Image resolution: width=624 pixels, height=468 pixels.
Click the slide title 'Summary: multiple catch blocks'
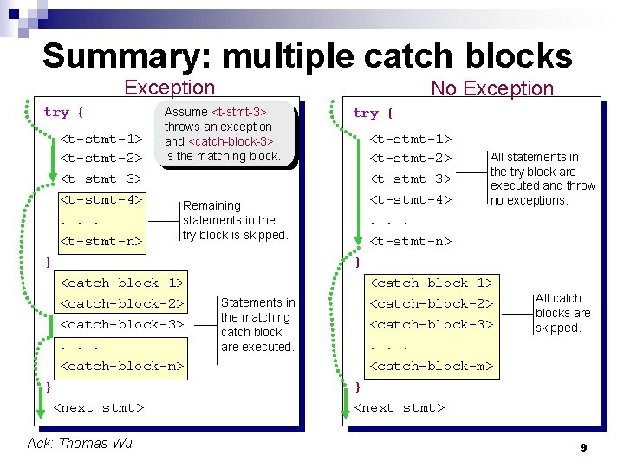pos(307,56)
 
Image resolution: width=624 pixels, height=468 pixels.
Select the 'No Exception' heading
pos(491,88)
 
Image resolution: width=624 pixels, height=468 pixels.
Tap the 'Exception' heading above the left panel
pos(169,88)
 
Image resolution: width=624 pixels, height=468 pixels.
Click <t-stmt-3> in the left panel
pos(101,179)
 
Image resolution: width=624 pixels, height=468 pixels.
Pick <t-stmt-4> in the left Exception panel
pos(101,200)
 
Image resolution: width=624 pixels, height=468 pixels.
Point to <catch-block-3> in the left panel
pos(121,325)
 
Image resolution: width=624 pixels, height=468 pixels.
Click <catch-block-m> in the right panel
pos(432,367)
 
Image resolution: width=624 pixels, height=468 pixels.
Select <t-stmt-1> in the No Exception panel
pos(411,138)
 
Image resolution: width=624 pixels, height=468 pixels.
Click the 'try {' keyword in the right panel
pos(373,114)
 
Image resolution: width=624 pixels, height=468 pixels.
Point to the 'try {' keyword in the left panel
pos(63,113)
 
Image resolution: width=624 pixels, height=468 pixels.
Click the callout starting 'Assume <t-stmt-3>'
pos(222,134)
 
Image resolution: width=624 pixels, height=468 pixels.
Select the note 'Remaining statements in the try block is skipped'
pos(234,220)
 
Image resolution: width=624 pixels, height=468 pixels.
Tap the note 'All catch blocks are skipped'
pos(562,313)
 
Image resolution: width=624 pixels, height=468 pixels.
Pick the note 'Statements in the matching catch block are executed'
pos(257,325)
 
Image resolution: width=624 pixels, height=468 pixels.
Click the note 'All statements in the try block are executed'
pos(543,179)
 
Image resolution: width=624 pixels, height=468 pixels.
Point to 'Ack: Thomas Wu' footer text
pos(80,443)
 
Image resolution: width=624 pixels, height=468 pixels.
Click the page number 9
pos(583,447)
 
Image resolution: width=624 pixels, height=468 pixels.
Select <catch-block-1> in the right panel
pos(432,283)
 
